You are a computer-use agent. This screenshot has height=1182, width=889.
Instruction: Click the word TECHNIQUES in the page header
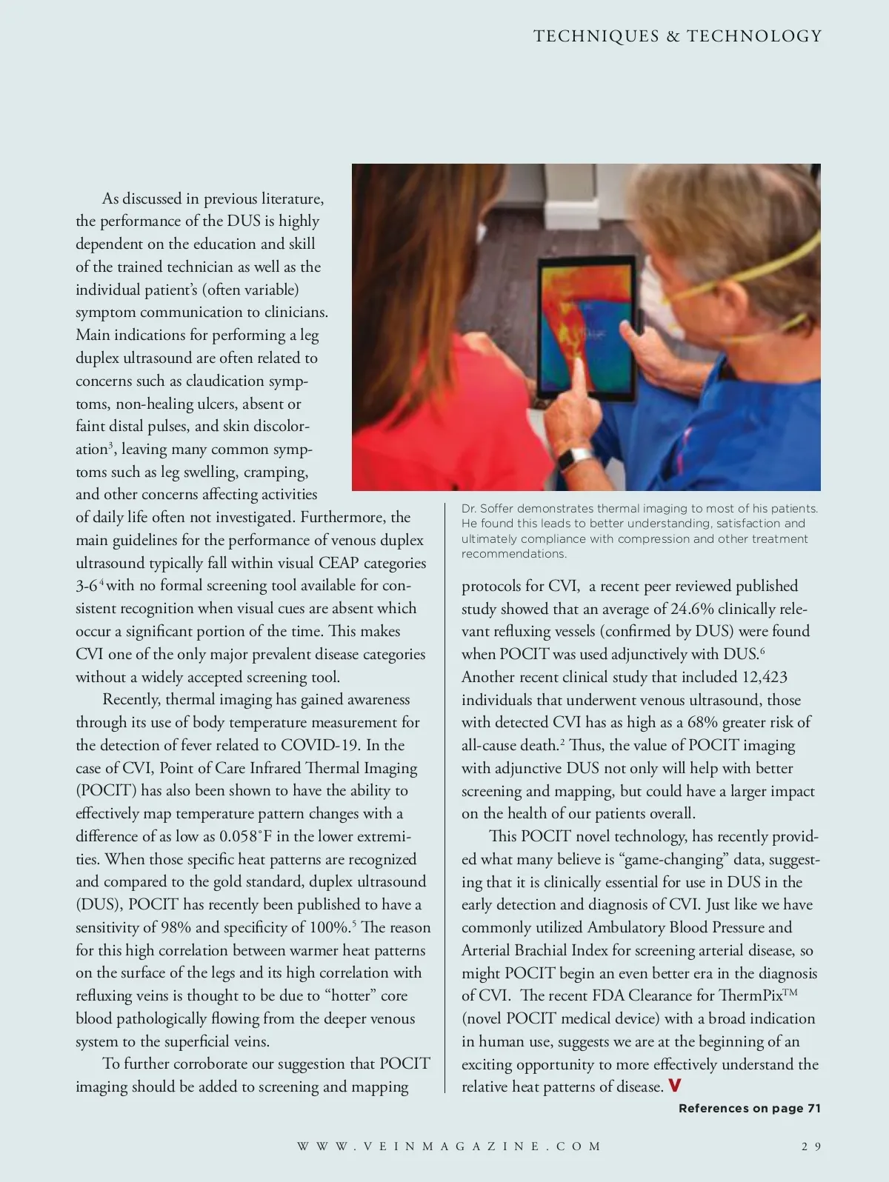tap(596, 36)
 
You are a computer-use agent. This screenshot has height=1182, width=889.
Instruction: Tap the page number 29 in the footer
tap(811, 1146)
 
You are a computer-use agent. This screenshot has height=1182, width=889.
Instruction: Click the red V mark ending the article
tap(674, 1086)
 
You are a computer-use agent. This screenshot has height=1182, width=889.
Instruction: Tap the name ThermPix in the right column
tap(751, 995)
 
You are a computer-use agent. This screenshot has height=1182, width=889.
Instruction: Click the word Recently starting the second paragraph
tap(131, 699)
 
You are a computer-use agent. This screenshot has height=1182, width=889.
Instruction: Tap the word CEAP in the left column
tap(339, 563)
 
